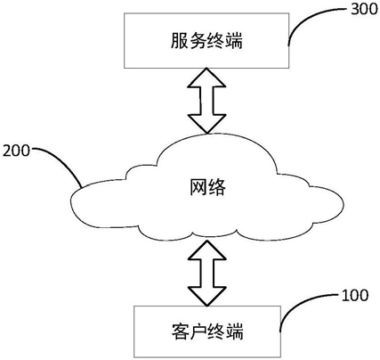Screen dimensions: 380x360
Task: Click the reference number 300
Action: (x=364, y=9)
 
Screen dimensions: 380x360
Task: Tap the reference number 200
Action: (x=16, y=151)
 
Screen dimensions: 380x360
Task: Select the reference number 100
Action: (x=355, y=295)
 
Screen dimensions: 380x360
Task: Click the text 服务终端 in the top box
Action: (x=206, y=41)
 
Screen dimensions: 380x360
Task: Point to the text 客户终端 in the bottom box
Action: (x=207, y=331)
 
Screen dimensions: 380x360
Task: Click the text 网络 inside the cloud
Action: (x=207, y=187)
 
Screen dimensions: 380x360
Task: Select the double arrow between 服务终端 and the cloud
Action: (x=206, y=101)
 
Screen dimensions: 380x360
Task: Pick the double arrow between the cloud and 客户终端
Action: (x=207, y=273)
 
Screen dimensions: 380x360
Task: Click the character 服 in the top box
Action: (x=180, y=41)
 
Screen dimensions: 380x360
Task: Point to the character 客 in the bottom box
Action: (x=181, y=331)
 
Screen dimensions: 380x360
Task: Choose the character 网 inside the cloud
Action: (x=198, y=187)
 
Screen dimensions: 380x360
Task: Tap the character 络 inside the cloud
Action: (x=217, y=187)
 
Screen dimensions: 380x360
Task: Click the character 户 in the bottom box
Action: (x=198, y=331)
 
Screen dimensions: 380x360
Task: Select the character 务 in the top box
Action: (x=198, y=41)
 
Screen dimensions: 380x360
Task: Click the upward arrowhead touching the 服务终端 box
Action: (x=206, y=78)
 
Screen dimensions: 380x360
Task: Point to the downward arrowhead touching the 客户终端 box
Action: (x=207, y=296)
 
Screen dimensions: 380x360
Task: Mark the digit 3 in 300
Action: (x=355, y=9)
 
